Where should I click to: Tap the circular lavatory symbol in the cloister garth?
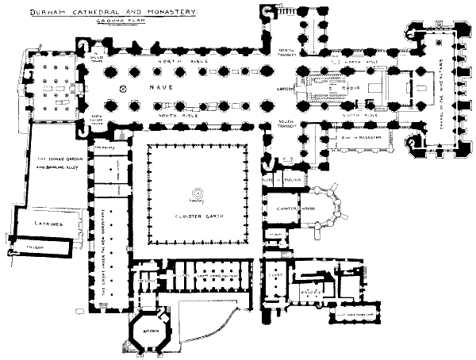(196, 192)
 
